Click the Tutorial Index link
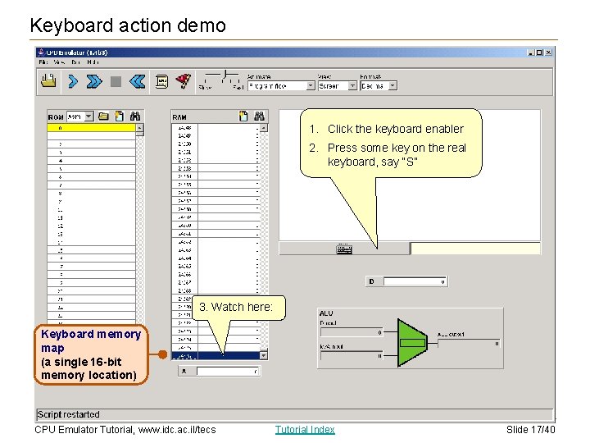(x=305, y=429)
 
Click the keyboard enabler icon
(x=343, y=249)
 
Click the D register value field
(x=415, y=281)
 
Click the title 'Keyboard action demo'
(x=128, y=25)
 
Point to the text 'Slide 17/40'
(x=530, y=429)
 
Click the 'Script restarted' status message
(x=69, y=414)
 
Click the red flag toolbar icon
(x=184, y=80)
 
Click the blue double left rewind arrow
(x=137, y=80)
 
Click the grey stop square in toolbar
(x=116, y=81)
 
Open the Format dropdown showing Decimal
(x=379, y=85)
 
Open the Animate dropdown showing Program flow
(x=280, y=85)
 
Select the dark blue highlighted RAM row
(x=216, y=356)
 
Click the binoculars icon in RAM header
(x=259, y=116)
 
